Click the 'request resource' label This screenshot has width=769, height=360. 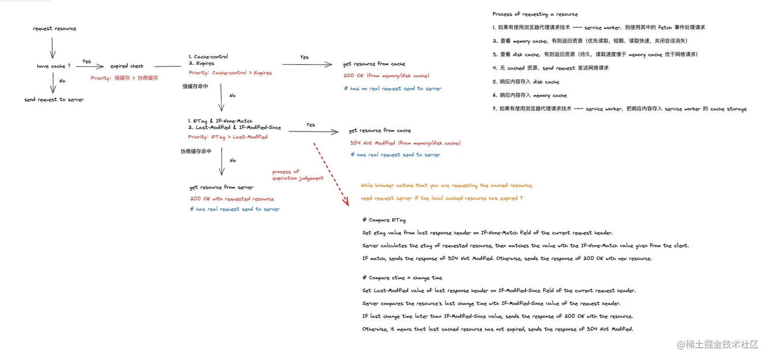[x=54, y=28]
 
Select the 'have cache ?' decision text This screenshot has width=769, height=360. [x=53, y=66]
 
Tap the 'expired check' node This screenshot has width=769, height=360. [x=127, y=66]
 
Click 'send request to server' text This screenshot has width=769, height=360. [x=54, y=100]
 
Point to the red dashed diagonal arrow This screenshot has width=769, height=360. [x=331, y=173]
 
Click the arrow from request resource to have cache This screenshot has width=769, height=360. [x=51, y=48]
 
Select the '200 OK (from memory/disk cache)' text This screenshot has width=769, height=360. [x=387, y=76]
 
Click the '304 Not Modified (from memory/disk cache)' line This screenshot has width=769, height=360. [x=405, y=143]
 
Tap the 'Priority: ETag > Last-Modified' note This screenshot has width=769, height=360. [x=227, y=137]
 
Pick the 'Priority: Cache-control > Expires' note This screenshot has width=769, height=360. [x=230, y=73]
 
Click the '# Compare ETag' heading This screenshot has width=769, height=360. [x=384, y=220]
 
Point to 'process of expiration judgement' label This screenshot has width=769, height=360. [x=298, y=175]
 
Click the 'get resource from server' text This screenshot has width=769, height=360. [x=221, y=187]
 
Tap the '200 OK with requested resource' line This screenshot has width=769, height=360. [x=232, y=199]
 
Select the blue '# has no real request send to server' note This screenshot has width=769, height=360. [x=393, y=88]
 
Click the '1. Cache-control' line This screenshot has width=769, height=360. [x=208, y=56]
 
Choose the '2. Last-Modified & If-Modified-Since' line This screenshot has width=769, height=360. [x=234, y=128]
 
